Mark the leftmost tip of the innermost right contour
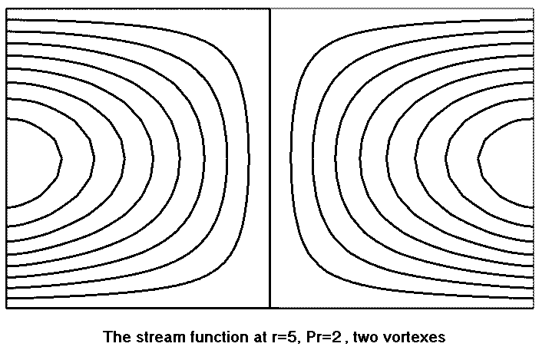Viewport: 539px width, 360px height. tap(478, 162)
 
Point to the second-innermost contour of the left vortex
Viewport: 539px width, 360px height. tap(94, 162)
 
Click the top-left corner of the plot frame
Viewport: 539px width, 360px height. tap(6, 9)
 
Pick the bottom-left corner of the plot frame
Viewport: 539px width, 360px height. tap(6, 308)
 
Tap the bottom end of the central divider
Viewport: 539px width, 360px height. tap(269, 307)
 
